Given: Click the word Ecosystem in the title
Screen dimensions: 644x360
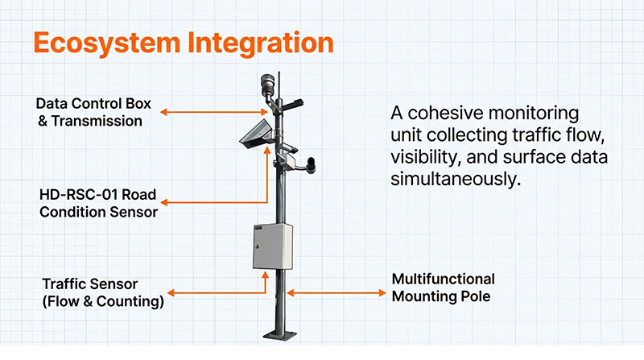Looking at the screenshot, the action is point(107,43).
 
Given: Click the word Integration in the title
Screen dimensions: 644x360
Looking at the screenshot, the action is point(260,43).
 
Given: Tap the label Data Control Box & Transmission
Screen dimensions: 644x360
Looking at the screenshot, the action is point(93,112).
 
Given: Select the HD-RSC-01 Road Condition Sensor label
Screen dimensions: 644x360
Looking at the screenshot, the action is point(98,203).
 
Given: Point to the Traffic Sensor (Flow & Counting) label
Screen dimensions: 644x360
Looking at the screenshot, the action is point(103,292).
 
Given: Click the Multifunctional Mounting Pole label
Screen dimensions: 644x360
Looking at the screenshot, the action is point(444,288).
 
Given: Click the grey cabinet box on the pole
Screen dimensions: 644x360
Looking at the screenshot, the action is point(273,246).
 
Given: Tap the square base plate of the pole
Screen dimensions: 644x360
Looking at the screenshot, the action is point(279,334).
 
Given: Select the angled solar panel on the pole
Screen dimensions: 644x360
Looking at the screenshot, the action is point(256,134).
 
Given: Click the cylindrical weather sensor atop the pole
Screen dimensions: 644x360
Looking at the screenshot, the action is point(267,84).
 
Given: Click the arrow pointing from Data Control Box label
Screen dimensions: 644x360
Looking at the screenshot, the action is point(214,112).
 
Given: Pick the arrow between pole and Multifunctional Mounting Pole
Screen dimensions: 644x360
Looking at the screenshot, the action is point(336,293).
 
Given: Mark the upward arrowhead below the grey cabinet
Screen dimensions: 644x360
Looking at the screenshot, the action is point(266,275).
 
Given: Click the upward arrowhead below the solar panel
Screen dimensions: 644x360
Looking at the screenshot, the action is point(267,151).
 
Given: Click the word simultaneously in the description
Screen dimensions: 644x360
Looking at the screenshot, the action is point(456,179).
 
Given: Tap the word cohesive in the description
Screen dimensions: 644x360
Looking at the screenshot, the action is point(446,113).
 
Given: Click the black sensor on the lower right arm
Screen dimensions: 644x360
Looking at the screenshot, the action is point(311,165).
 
